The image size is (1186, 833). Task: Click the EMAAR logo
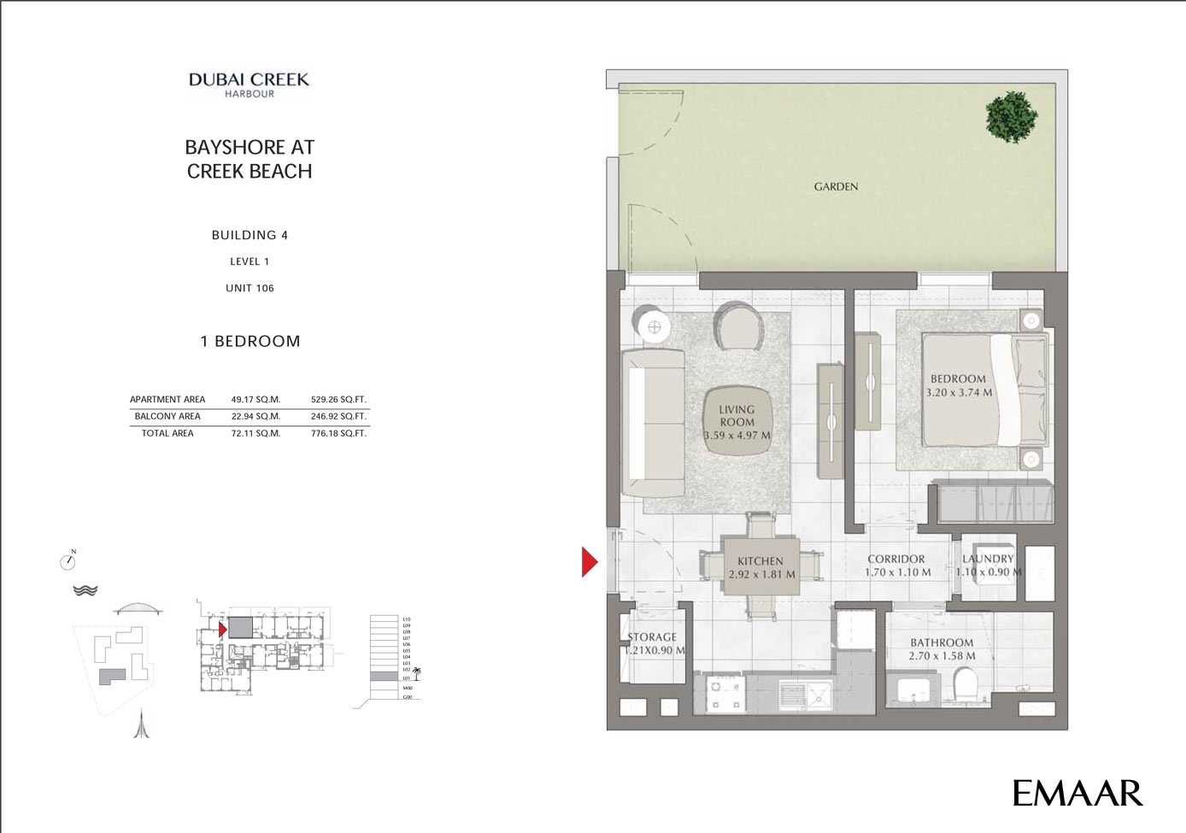[1077, 793]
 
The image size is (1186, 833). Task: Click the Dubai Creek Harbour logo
[250, 85]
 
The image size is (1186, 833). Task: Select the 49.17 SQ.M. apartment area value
[255, 399]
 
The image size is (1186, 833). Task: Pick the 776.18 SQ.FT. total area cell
[338, 433]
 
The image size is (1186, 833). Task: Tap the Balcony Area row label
[167, 416]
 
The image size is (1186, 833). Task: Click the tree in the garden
[1011, 116]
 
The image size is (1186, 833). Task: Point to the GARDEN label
[836, 186]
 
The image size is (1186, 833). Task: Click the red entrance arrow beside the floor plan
[589, 561]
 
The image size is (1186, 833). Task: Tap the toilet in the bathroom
[965, 684]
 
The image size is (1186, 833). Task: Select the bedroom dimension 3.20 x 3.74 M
[959, 393]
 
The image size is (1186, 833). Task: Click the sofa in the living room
[653, 423]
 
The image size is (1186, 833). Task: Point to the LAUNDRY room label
[988, 559]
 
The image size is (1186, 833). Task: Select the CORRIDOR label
[896, 559]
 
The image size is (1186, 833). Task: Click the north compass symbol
[68, 560]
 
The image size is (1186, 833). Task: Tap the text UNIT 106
[250, 288]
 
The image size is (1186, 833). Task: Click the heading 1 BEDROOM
[250, 341]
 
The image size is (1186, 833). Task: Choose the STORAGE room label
[652, 637]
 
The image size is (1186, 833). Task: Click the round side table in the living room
[654, 326]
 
